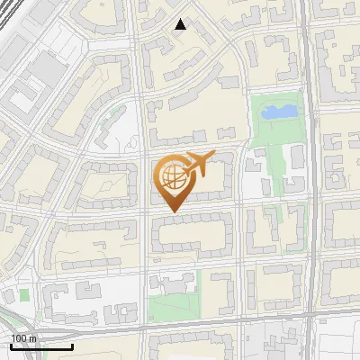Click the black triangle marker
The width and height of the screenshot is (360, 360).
click(180, 24)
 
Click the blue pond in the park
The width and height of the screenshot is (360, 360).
click(278, 112)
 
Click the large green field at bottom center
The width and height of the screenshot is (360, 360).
click(171, 307)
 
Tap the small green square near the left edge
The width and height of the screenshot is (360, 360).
click(24, 294)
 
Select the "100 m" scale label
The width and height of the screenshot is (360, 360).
click(23, 337)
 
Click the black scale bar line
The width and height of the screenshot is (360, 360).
click(40, 346)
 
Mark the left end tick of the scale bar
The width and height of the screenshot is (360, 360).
click(11, 345)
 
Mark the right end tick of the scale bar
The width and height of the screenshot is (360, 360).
click(72, 345)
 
